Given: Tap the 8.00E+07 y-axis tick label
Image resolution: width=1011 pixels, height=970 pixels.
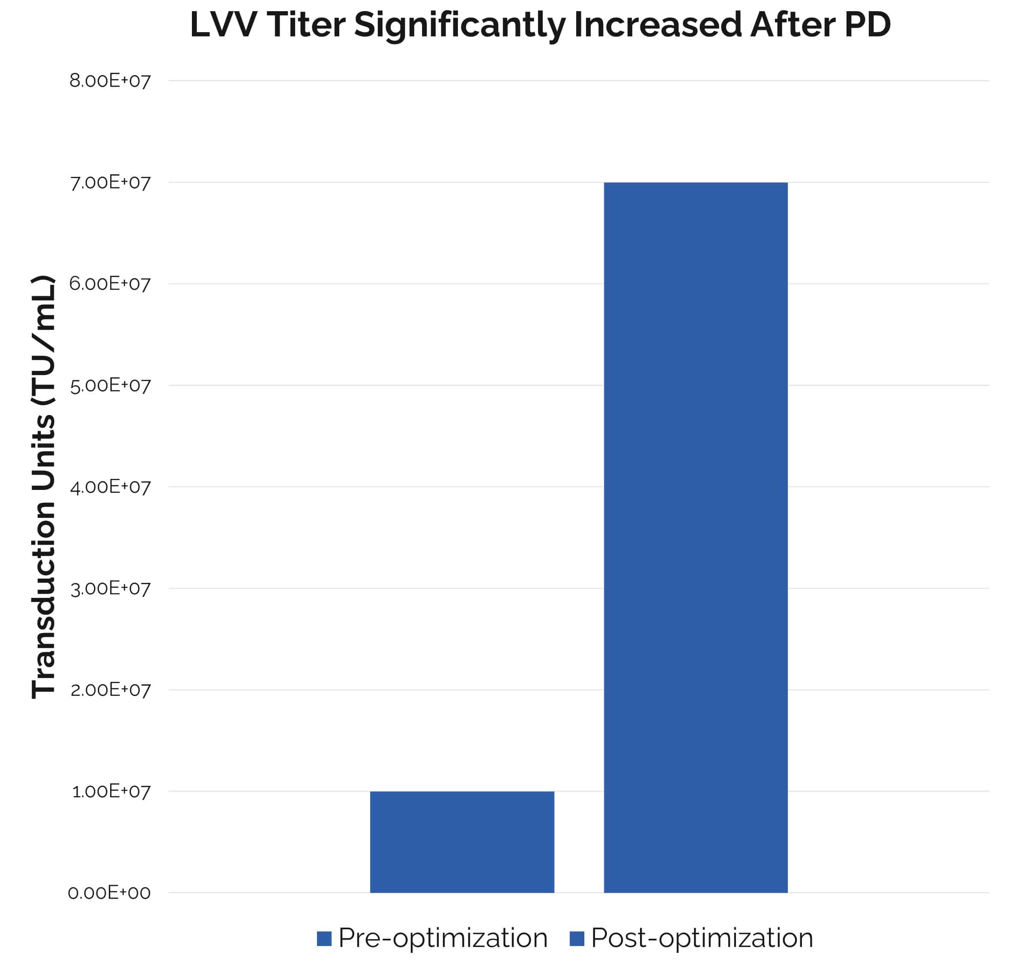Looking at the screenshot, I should coord(110,81).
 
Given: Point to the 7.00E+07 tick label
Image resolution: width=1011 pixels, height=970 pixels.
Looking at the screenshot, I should coord(110,182).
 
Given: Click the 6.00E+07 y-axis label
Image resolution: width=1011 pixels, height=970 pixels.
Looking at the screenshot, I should coord(110,284).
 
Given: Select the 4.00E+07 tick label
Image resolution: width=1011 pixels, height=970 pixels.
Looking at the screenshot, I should coord(110,487).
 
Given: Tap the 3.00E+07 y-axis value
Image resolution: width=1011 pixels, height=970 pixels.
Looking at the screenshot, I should coord(110,588).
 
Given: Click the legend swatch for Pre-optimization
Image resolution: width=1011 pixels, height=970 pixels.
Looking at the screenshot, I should coord(324,939).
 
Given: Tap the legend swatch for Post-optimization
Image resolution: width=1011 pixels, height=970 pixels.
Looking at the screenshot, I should coord(577,939).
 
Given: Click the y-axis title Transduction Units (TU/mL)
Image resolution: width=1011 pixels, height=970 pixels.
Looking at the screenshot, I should coord(43,487).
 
